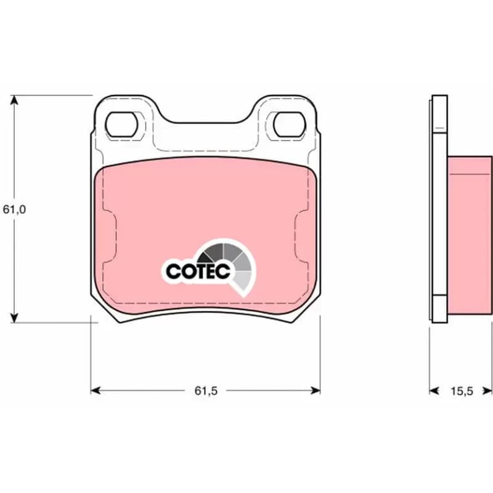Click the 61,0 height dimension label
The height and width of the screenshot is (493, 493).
click(x=14, y=210)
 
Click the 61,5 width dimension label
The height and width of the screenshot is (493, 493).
click(x=206, y=391)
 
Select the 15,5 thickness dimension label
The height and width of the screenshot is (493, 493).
click(x=462, y=391)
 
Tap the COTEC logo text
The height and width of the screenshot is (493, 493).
click(x=198, y=271)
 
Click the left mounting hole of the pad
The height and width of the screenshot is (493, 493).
click(x=121, y=124)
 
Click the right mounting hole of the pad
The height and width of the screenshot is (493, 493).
click(x=290, y=124)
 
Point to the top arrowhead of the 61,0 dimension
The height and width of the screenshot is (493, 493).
click(x=14, y=100)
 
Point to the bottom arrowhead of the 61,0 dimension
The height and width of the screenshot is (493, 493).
click(x=14, y=317)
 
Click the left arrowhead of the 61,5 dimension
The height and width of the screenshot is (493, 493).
click(x=96, y=391)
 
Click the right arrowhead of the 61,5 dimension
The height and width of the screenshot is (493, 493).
click(x=316, y=391)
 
